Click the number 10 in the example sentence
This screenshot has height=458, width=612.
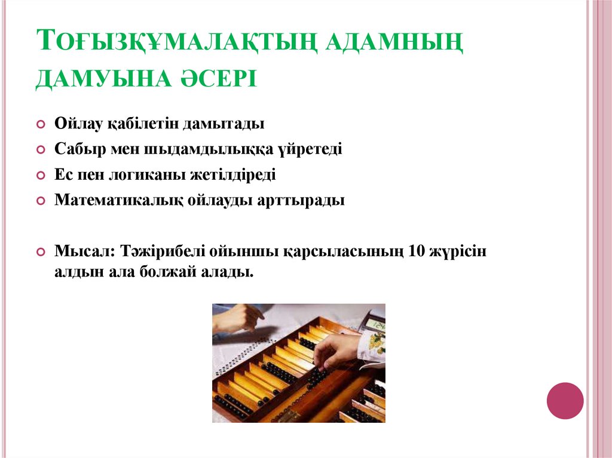click(x=418, y=251)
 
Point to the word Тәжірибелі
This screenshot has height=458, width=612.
click(x=160, y=251)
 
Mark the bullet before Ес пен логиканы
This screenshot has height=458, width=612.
click(x=41, y=176)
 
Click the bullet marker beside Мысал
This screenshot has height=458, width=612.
click(x=41, y=252)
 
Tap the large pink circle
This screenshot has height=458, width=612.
click(x=565, y=400)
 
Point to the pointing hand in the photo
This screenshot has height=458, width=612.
click(x=238, y=318)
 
